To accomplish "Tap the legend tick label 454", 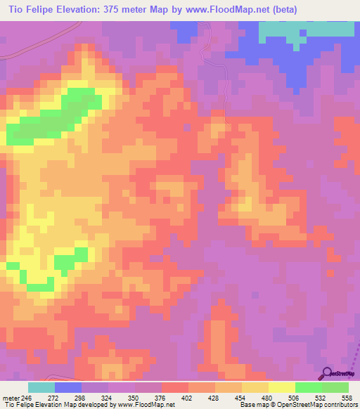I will (x=240, y=397).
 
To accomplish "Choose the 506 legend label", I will (x=293, y=397).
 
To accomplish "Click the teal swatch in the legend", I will (x=41, y=387).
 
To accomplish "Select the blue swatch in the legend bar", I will (x=68, y=387).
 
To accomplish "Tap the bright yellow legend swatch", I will (x=281, y=387).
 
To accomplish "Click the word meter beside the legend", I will (x=8, y=397).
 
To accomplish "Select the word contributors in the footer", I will (x=338, y=405).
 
